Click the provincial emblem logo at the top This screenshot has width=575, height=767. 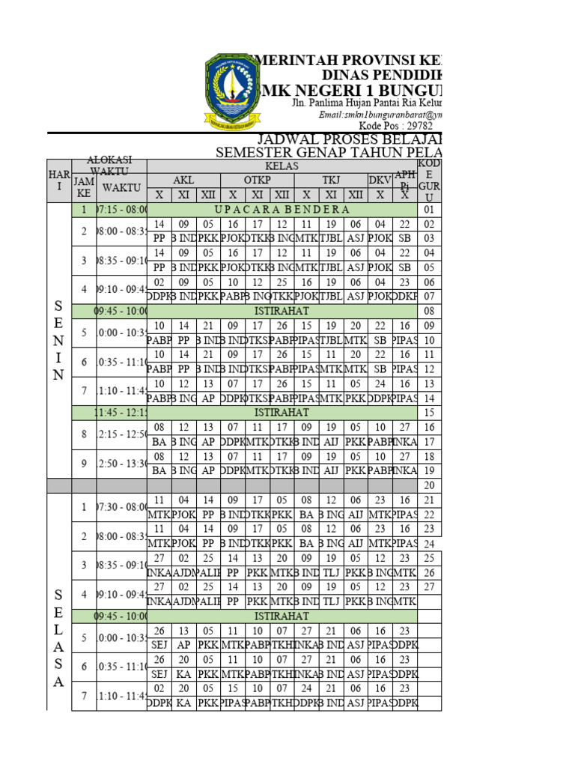tap(233, 88)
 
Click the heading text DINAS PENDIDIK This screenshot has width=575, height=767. tap(381, 76)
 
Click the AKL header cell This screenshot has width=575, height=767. tap(183, 181)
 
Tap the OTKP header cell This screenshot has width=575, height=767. tap(257, 181)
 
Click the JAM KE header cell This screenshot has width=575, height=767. tap(84, 187)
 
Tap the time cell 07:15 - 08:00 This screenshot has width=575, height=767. tap(121, 210)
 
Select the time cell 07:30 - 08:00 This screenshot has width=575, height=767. tap(121, 508)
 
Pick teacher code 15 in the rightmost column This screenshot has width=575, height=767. tap(430, 413)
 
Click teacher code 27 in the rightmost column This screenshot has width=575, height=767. tap(430, 587)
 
